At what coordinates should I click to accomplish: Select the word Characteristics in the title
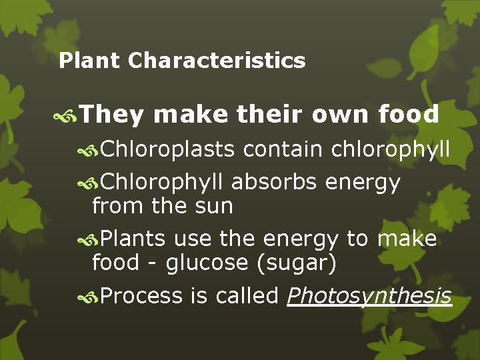[217, 61]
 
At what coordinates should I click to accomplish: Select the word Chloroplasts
[167, 150]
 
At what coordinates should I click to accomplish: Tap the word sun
[211, 206]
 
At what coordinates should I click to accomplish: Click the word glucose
[207, 263]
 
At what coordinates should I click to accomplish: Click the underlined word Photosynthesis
[369, 296]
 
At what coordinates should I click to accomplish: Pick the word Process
[141, 296]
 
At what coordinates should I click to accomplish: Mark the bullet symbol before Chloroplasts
[89, 151]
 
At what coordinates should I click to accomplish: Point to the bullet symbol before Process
[89, 297]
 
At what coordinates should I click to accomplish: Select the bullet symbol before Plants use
[89, 239]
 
